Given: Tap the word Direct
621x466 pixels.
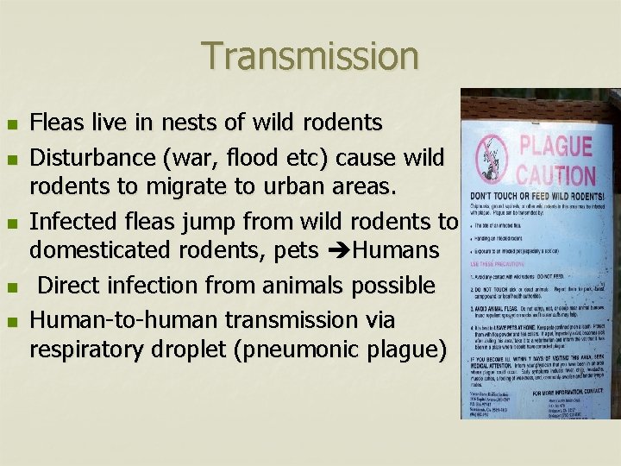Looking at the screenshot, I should [74, 285].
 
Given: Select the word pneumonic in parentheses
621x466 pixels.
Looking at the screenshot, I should [307, 349].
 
